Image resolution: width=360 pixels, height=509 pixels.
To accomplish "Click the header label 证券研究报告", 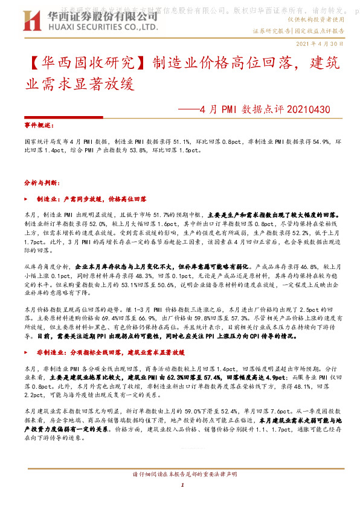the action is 271,30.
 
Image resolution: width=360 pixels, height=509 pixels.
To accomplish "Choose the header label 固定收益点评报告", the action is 320,30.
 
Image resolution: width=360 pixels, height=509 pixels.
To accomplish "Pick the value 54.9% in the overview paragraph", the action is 313,139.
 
